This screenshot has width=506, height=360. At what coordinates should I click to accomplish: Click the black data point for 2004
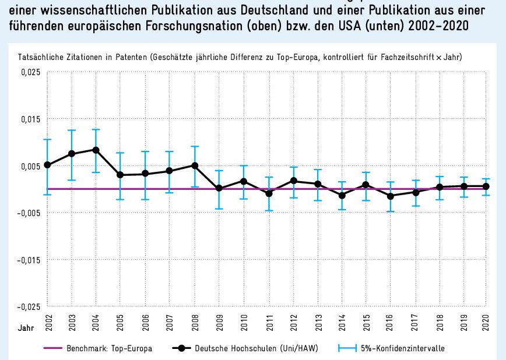[96, 150]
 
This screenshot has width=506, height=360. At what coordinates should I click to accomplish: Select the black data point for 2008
[195, 165]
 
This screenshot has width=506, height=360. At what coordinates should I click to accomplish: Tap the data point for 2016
[391, 196]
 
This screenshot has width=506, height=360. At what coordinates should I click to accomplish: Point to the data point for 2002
[47, 165]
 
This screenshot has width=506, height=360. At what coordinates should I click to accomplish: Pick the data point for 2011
[269, 193]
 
